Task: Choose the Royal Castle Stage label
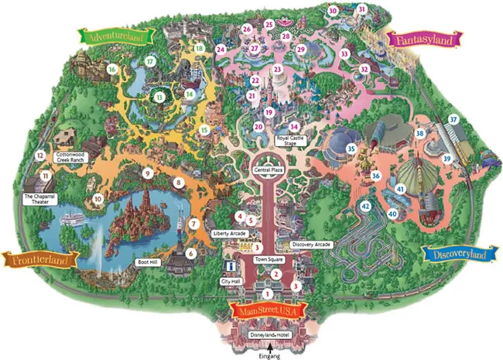coord(292,141)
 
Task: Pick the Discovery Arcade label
coord(312,245)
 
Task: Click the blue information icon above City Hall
coord(229,266)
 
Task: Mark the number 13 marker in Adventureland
coord(160,98)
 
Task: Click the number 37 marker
coord(453,120)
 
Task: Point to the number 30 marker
coord(333,11)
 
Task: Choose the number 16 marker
coord(113,70)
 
